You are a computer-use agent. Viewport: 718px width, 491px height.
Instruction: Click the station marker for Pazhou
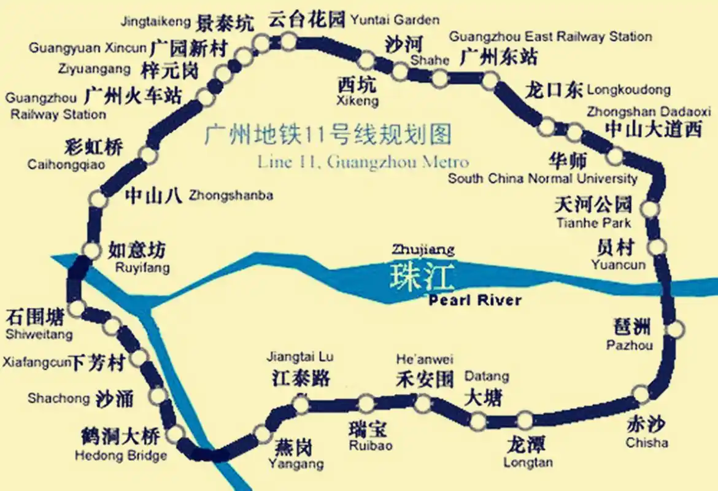674,330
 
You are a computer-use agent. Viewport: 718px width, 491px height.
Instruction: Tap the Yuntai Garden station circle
288,41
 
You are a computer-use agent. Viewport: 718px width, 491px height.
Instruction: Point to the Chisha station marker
641,394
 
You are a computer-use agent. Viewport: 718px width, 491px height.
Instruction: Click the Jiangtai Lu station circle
301,404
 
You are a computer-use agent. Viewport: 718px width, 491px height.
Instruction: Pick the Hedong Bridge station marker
175,433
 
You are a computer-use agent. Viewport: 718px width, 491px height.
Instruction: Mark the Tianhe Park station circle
650,209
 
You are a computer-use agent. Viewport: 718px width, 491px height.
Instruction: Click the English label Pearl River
475,301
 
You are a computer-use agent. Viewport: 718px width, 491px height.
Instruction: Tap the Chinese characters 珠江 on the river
422,278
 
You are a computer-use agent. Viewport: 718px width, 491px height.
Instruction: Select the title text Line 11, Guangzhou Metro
363,163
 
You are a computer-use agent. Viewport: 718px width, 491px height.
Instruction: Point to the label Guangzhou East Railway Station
550,37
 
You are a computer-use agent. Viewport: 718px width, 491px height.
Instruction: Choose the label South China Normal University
542,179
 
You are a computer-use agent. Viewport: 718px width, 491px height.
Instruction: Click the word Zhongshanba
231,196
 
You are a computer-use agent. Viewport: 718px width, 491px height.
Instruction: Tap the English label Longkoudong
629,90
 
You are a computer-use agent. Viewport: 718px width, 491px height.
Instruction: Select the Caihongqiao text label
66,164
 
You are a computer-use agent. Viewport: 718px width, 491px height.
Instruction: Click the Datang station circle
478,421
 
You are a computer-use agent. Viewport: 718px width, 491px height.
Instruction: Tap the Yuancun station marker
657,247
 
